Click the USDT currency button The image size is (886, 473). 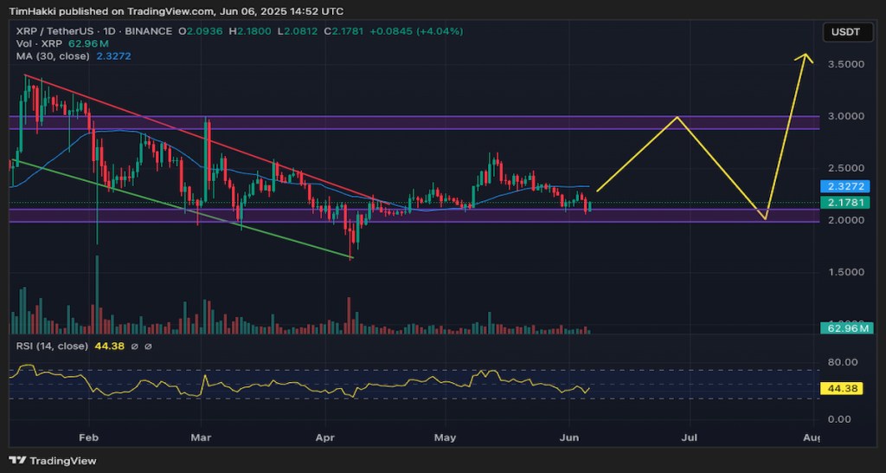click(847, 32)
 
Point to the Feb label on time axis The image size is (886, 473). click(87, 438)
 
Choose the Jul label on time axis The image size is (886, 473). click(690, 438)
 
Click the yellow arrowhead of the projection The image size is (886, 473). click(807, 57)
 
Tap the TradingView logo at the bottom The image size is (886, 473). click(54, 461)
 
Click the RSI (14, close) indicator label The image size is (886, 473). click(52, 347)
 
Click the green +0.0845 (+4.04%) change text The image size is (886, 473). click(416, 31)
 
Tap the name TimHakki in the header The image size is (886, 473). click(34, 11)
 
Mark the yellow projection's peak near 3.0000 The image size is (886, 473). click(677, 118)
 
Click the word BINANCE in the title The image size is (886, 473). click(148, 31)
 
